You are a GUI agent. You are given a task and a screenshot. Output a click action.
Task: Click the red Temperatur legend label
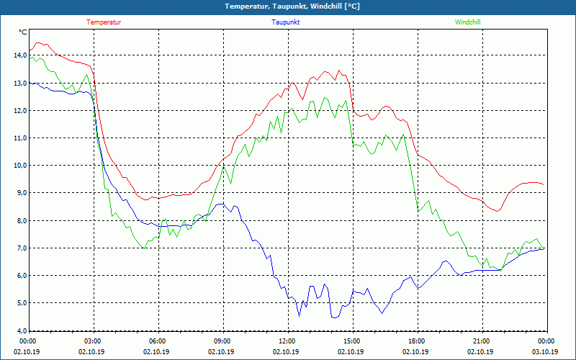104,22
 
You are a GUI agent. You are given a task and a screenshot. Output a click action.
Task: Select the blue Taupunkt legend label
286,22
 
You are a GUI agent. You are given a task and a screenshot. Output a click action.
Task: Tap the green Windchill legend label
467,22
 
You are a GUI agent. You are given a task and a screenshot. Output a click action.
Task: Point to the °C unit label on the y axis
23,32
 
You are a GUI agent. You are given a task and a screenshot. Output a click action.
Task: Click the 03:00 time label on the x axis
93,341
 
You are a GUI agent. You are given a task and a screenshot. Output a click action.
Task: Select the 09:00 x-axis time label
222,341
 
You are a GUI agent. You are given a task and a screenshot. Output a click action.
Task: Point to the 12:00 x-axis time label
287,341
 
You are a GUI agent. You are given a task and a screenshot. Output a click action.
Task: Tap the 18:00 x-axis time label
417,341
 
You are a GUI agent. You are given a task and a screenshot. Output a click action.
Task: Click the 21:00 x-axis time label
482,341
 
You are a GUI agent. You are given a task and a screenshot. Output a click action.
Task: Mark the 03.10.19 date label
545,352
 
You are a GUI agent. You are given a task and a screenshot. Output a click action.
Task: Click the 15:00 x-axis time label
352,341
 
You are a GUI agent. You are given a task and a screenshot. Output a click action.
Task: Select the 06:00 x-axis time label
158,341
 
